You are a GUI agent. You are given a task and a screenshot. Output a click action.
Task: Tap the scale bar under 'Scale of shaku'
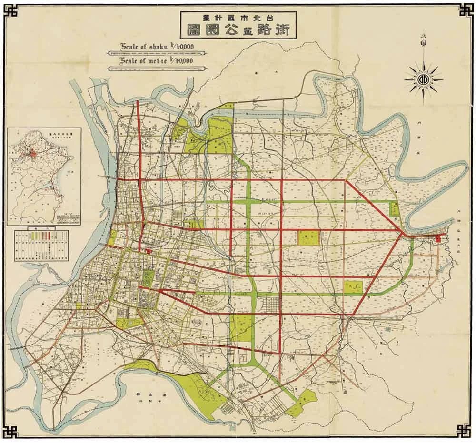(157, 54)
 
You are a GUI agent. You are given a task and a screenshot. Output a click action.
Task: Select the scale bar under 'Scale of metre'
(157, 69)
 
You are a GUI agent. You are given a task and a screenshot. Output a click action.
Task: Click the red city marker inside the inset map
(33, 155)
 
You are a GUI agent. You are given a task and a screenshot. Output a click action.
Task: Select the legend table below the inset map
(41, 245)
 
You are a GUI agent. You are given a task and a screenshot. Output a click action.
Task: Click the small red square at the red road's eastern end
(438, 239)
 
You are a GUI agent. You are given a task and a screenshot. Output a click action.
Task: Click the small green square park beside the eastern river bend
(394, 208)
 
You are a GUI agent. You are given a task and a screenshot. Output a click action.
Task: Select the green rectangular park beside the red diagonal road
(353, 286)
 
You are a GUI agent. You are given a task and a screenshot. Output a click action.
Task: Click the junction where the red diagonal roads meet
(404, 234)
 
